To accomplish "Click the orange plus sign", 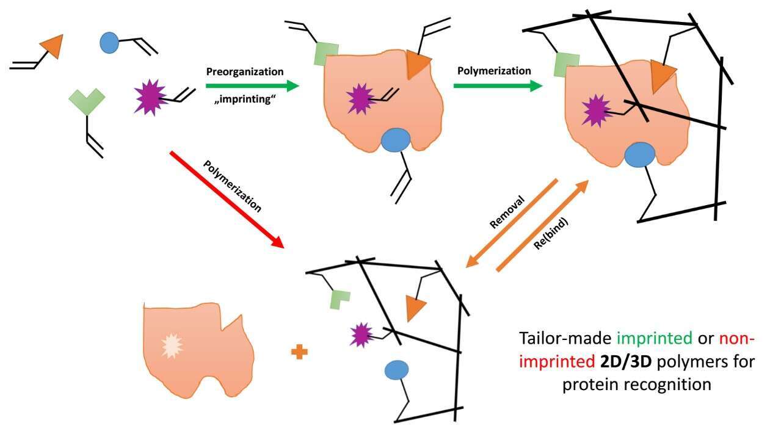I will (x=299, y=352).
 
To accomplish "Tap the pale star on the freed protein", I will (x=171, y=346).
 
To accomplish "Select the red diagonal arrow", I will (x=227, y=200).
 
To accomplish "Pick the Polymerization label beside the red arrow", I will (x=232, y=186).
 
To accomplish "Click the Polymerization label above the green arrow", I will (x=494, y=71).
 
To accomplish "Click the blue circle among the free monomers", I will (x=109, y=42).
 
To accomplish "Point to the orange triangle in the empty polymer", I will (x=415, y=309).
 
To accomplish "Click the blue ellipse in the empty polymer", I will (x=396, y=369).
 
